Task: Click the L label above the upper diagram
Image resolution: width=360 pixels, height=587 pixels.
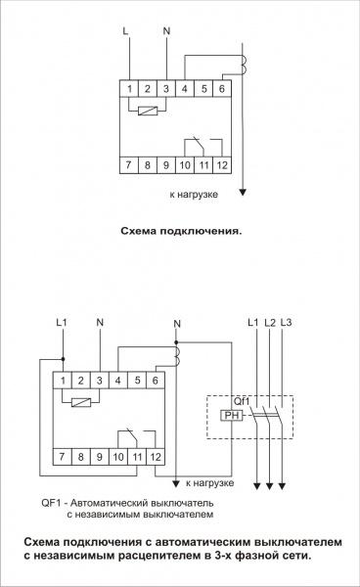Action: [125, 31]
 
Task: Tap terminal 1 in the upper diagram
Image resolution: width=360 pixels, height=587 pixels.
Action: [130, 89]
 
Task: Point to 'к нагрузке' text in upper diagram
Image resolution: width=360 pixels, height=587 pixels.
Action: [193, 195]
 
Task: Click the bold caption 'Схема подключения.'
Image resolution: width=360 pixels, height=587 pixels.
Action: [179, 233]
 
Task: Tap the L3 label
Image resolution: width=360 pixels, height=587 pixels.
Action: [286, 322]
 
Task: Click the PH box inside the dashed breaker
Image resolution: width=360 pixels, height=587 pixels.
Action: [232, 414]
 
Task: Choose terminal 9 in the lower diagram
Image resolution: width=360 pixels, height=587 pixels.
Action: [98, 457]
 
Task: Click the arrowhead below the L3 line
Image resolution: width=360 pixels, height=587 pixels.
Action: [284, 484]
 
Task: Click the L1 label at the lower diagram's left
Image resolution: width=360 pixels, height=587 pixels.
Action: [63, 322]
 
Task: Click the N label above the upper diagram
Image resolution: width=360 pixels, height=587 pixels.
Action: [166, 31]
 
